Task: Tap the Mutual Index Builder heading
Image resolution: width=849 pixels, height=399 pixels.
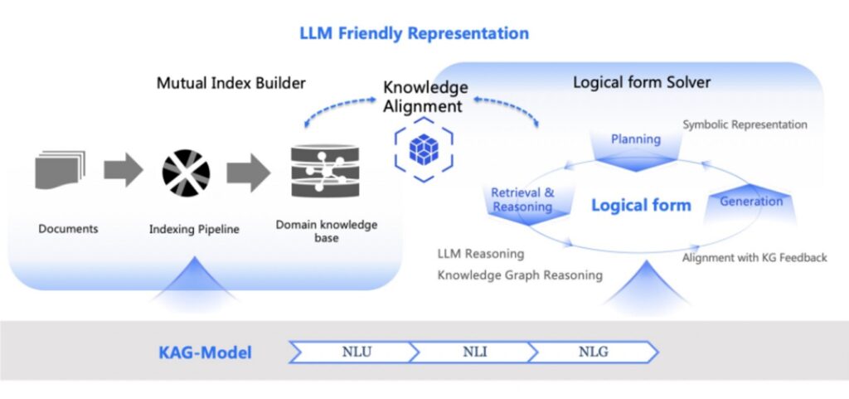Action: (x=231, y=83)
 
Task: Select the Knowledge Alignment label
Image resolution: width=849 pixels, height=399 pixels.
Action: (x=424, y=97)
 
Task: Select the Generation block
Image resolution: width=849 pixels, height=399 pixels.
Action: (x=750, y=202)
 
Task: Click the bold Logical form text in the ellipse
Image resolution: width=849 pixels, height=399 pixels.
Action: (x=640, y=205)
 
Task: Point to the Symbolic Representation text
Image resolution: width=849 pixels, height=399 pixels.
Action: (x=745, y=124)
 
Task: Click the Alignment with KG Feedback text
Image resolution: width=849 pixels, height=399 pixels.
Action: (x=754, y=257)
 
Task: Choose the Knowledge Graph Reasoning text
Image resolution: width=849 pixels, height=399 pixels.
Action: (x=520, y=275)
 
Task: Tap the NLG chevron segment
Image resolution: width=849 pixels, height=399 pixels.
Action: (x=594, y=352)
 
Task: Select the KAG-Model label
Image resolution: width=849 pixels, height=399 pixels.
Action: (x=205, y=353)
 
